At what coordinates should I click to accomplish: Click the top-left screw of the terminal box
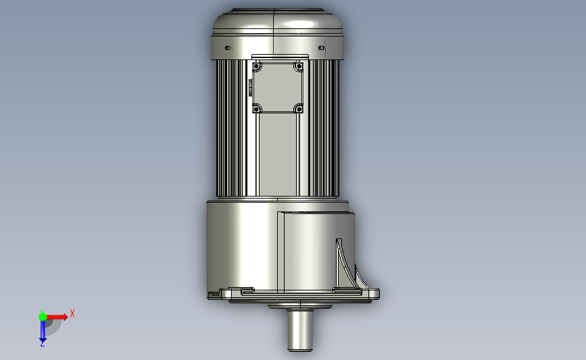(256, 67)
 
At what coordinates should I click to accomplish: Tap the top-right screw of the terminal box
(299, 66)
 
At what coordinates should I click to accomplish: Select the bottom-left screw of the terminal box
(256, 109)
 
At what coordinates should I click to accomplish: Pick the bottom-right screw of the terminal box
(299, 109)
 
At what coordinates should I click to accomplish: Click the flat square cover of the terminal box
(278, 87)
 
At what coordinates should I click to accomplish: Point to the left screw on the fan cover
(228, 48)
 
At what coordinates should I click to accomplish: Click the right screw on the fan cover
(321, 48)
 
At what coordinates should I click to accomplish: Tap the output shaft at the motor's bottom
(299, 330)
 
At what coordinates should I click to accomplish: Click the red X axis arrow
(57, 317)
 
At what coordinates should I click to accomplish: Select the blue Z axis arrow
(43, 331)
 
